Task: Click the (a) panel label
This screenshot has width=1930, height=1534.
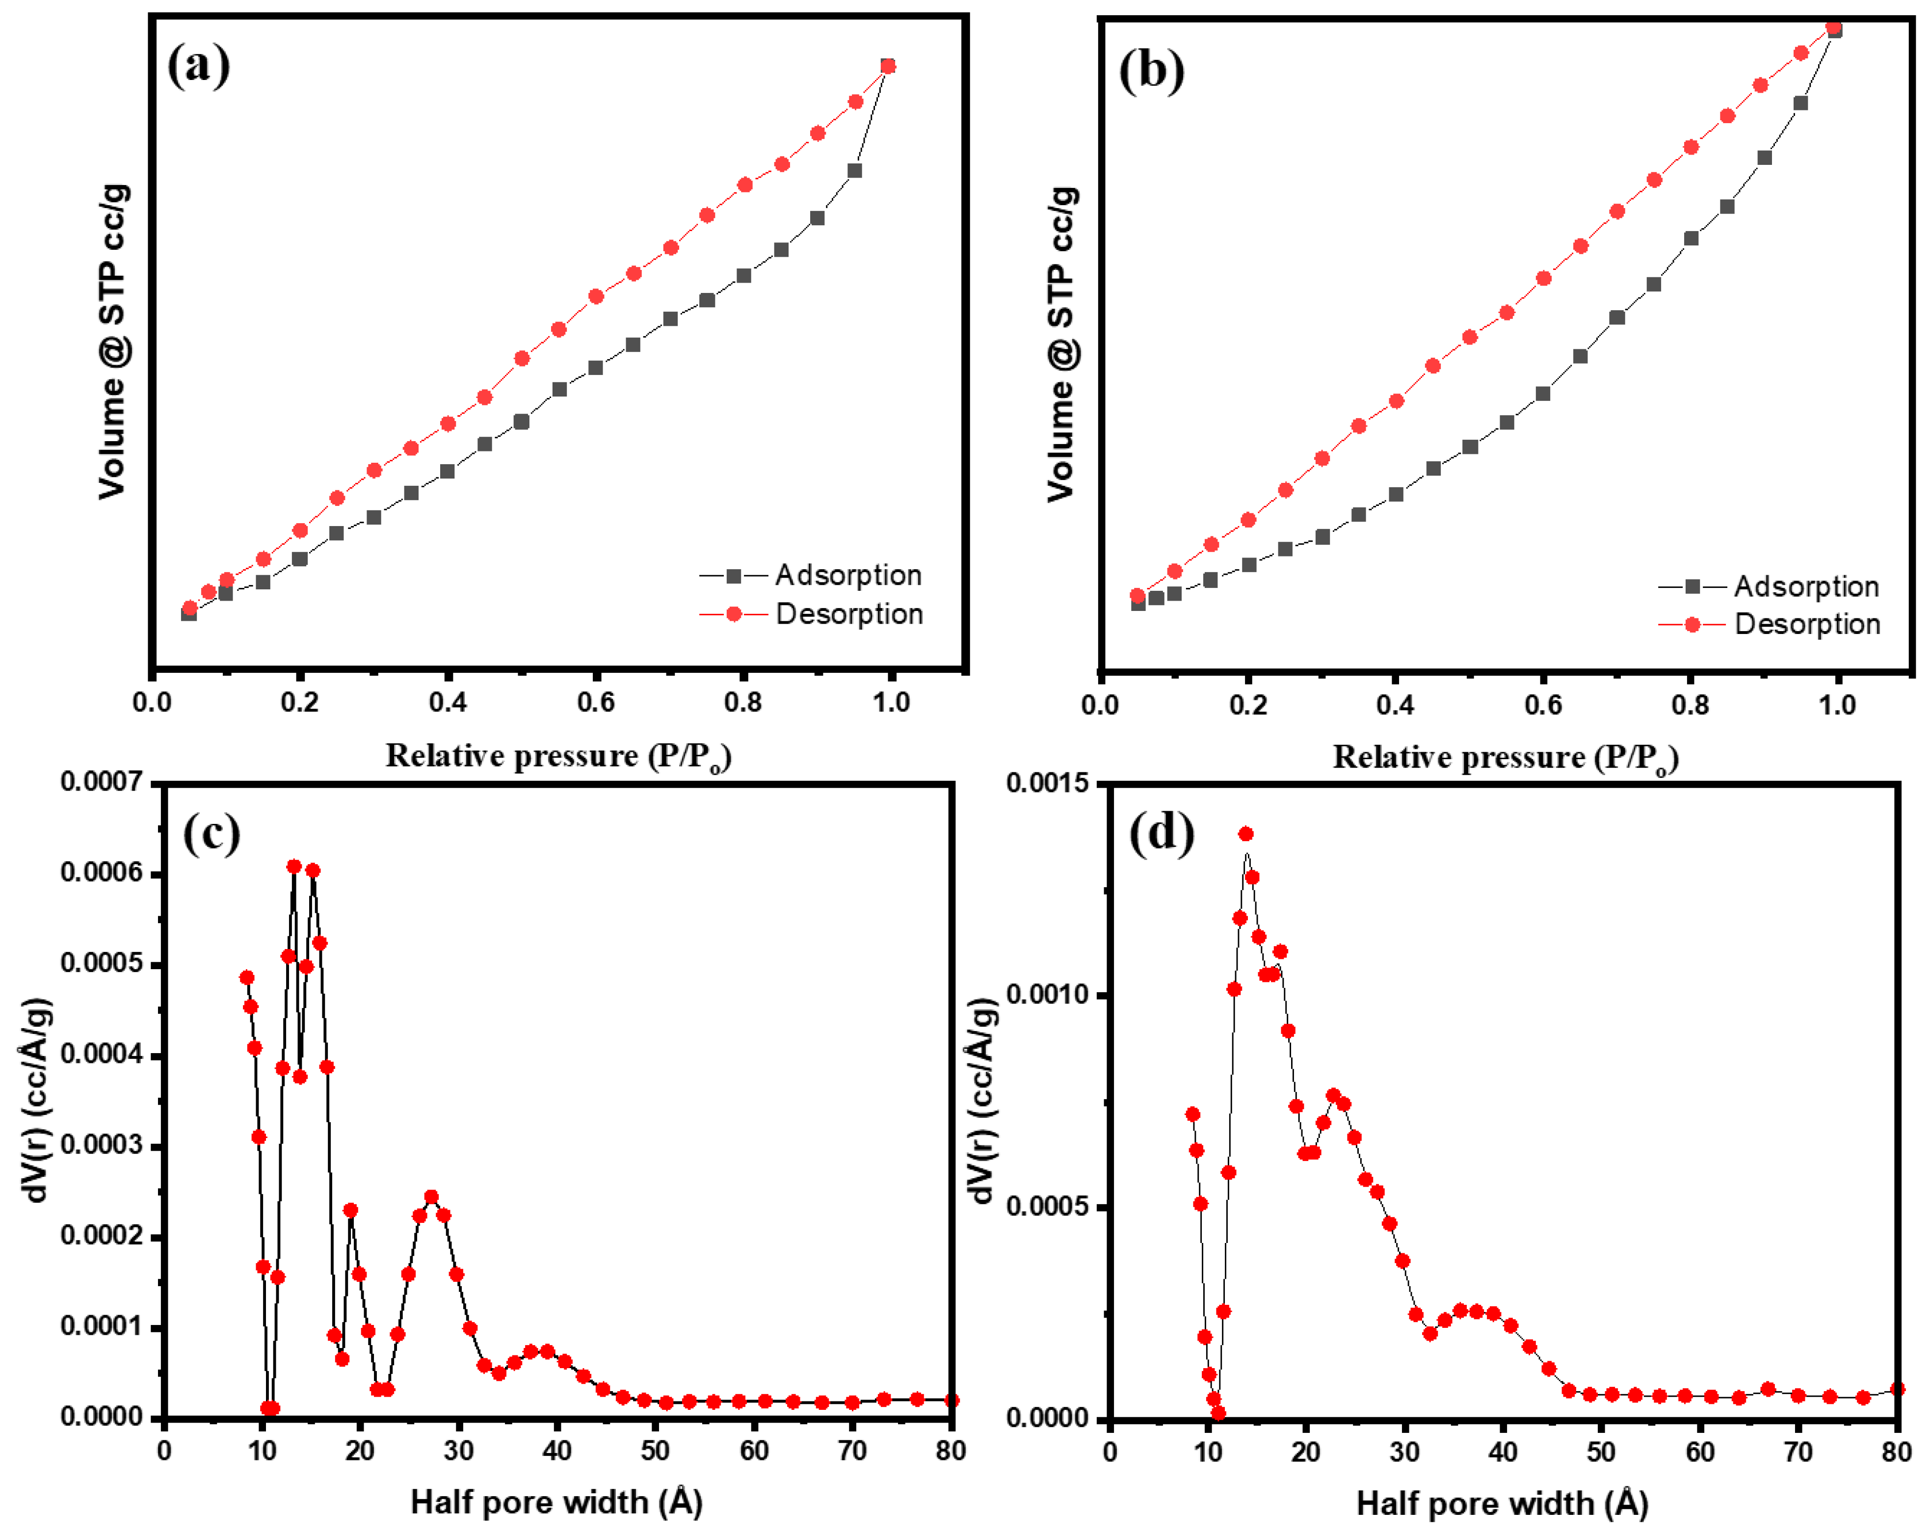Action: click(199, 66)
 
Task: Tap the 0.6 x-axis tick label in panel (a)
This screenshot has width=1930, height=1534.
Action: click(595, 703)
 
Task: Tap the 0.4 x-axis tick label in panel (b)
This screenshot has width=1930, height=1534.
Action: click(1395, 705)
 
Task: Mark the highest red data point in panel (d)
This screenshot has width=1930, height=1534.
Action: click(1245, 834)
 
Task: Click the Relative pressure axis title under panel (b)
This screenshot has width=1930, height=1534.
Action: click(1505, 758)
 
